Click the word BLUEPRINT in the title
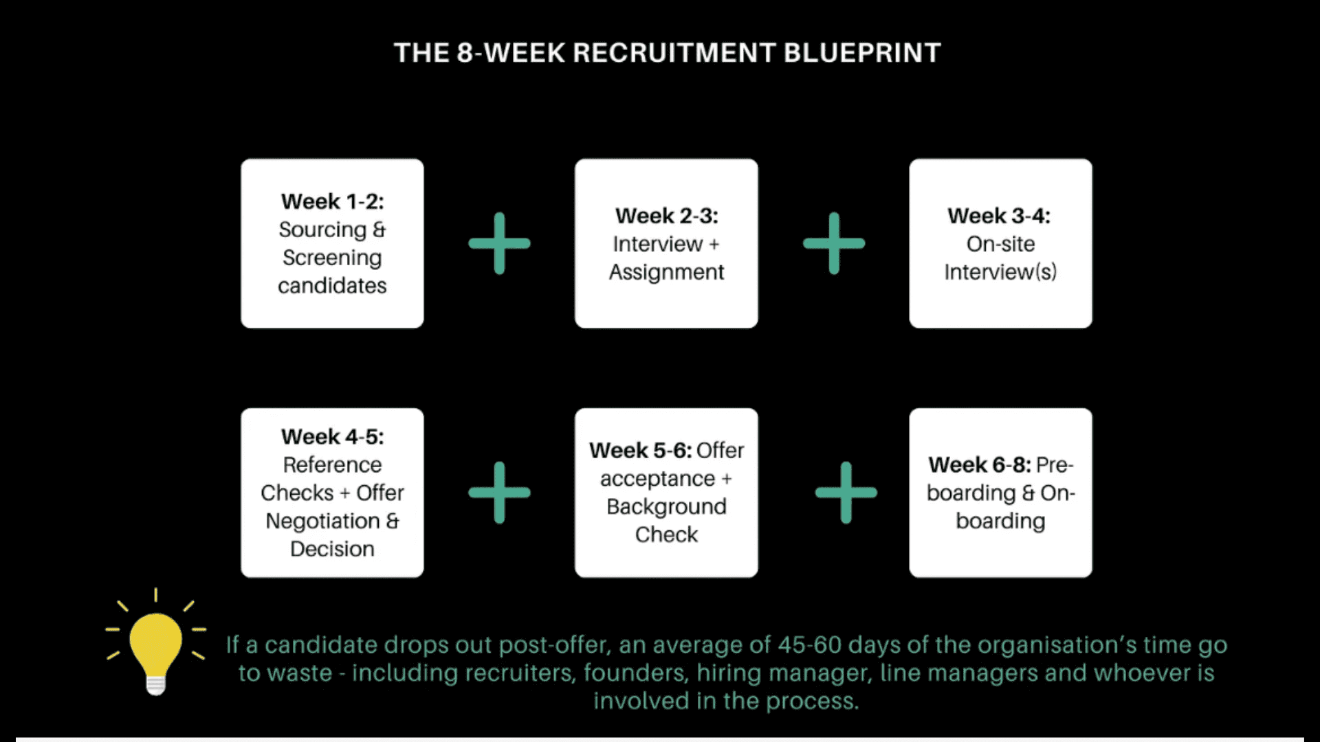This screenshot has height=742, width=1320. click(861, 53)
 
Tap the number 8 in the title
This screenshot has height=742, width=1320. click(465, 53)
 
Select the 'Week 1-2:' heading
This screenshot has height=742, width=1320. click(332, 201)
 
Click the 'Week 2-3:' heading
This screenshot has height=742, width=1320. click(666, 216)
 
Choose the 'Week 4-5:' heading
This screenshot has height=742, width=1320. click(332, 436)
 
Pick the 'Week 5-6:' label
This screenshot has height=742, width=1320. click(640, 451)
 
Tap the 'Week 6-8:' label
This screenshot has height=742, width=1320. click(979, 465)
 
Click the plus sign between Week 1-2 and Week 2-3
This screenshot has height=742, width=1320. click(499, 243)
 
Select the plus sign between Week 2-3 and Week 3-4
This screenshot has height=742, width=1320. click(834, 243)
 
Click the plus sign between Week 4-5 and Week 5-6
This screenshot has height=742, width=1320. click(499, 493)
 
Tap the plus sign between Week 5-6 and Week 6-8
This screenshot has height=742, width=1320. click(846, 493)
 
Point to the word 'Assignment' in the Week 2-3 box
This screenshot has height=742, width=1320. click(666, 272)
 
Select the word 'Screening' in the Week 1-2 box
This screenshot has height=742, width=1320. click(332, 258)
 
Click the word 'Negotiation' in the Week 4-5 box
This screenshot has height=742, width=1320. click(322, 521)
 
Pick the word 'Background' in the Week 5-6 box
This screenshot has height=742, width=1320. click(666, 506)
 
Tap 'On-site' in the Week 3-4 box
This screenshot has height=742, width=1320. click(1000, 244)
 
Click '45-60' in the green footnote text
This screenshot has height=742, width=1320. click(809, 644)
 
